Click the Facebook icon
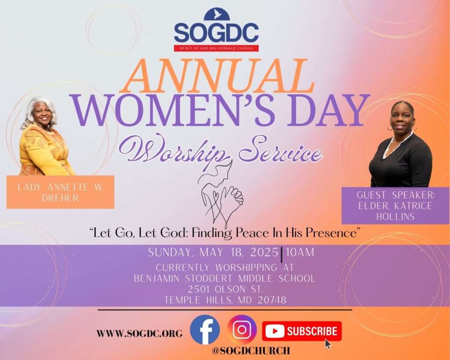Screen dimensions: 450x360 point(205,330)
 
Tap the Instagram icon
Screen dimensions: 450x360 point(242,330)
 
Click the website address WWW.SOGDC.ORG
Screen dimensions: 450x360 point(139,334)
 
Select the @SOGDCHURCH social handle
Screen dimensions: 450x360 point(251,350)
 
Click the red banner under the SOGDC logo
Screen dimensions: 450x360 point(216,48)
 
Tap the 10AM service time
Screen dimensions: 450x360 point(300,252)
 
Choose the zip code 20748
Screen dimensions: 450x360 point(272,300)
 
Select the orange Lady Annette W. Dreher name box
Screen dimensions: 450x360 point(60,192)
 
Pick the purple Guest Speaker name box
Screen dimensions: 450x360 point(396,205)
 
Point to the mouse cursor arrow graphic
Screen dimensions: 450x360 point(328,344)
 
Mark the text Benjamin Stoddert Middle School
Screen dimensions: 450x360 point(225,278)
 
